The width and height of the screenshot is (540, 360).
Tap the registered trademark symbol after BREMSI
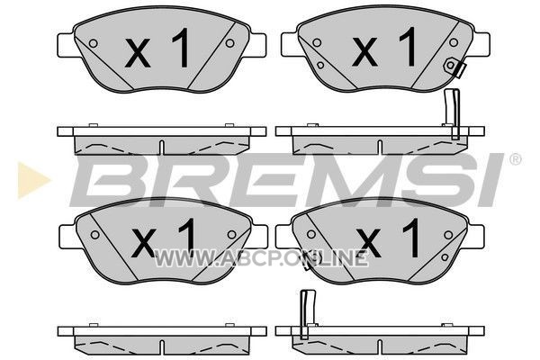click(x=515, y=159)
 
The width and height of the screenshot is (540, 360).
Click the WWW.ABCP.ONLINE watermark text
click(x=261, y=258)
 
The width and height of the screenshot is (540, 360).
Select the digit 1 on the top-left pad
click(x=181, y=48)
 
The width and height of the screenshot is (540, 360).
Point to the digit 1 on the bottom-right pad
click(x=412, y=238)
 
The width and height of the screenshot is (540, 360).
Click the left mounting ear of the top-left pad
click(x=66, y=44)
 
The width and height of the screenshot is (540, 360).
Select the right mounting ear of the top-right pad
click(x=481, y=44)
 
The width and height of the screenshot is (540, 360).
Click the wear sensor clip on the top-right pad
click(x=454, y=67)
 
